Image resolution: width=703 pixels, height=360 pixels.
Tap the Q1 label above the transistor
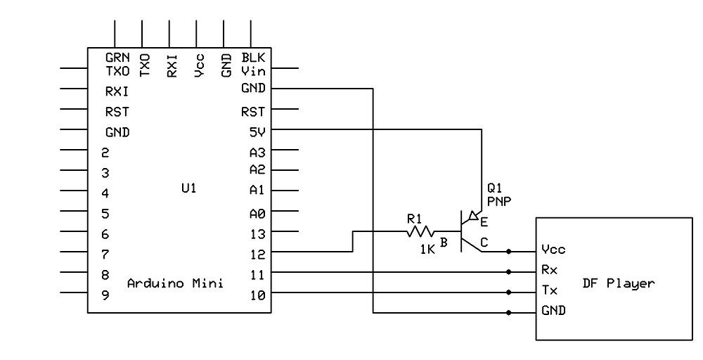tap(494, 188)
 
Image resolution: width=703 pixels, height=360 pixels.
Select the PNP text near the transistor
tap(498, 200)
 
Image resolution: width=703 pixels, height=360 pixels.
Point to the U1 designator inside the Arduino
tap(188, 189)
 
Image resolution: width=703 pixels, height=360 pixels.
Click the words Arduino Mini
tap(175, 283)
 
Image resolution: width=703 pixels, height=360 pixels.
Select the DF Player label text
tap(619, 283)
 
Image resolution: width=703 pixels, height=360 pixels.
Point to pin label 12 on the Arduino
tap(257, 254)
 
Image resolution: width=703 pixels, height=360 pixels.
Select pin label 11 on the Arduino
tap(257, 274)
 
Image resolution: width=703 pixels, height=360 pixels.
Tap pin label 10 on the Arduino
tap(257, 295)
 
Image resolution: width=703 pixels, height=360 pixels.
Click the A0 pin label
tap(257, 213)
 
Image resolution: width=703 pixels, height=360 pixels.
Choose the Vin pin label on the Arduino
tap(253, 70)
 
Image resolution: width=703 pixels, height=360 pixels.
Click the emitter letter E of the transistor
tap(484, 222)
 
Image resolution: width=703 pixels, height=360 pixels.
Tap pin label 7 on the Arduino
tap(105, 255)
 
